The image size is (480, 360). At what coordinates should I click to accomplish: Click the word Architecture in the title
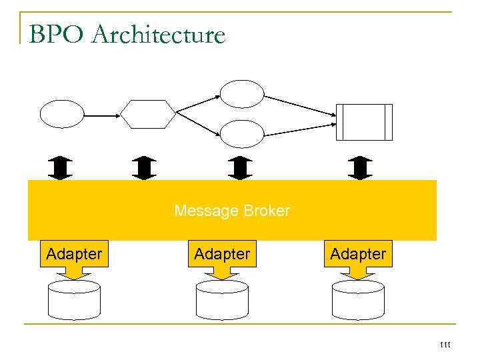tap(159, 35)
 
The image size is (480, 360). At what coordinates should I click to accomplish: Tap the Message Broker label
tap(232, 211)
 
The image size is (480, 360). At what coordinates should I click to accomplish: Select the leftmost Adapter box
tap(74, 254)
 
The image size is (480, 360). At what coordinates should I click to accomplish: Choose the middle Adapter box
tap(222, 254)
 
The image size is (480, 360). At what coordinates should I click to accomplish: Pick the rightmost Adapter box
tap(358, 254)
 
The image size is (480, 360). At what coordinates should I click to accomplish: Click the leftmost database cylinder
tap(74, 300)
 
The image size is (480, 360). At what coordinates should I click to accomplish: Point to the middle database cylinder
tap(222, 300)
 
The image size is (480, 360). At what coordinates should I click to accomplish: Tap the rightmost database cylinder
tap(358, 300)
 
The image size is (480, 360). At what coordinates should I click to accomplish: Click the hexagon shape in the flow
tap(148, 114)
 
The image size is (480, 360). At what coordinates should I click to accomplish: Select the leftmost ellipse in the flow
tap(63, 114)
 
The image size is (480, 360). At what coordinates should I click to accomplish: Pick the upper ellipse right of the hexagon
tap(242, 94)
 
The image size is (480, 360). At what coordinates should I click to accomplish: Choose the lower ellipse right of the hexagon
tap(242, 134)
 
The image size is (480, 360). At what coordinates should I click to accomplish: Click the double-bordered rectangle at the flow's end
tap(364, 122)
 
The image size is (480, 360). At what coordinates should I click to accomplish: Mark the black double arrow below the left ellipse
tap(62, 168)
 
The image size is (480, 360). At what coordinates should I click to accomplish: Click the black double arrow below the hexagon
tap(145, 168)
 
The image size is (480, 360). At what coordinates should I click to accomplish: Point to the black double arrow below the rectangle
tap(361, 168)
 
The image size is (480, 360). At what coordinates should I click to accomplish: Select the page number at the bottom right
tap(446, 345)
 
